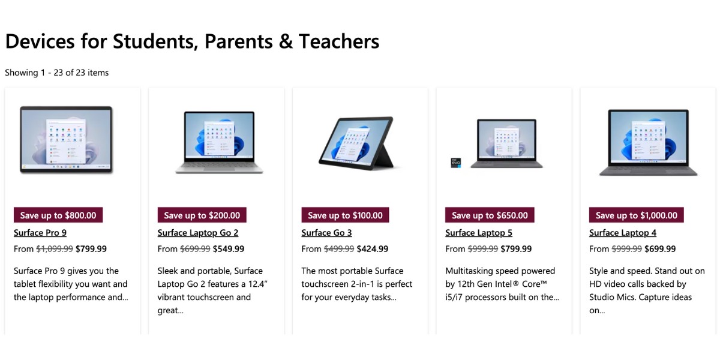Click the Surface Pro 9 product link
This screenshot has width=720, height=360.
pos(40,233)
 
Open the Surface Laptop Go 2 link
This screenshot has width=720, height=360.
pos(198,233)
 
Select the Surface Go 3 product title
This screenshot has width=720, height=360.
pos(326,233)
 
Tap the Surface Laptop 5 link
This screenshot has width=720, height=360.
pos(479,233)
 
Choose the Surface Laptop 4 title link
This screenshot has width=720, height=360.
pos(623,233)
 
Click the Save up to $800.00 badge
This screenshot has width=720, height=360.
pos(58,215)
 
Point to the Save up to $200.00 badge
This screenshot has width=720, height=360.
pos(202,215)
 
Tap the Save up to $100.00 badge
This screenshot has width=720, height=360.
pos(345,215)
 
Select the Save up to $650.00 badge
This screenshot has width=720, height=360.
pos(490,215)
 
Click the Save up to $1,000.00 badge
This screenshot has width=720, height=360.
pos(636,215)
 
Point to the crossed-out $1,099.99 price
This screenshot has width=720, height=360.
pos(55,249)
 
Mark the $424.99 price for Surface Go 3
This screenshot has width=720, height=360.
pos(372,249)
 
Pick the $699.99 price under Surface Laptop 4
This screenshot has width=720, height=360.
pos(660,249)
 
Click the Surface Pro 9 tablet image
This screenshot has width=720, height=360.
pos(66,140)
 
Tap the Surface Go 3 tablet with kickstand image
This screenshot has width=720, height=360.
pos(356,143)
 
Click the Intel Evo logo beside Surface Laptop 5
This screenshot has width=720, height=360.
pos(455,162)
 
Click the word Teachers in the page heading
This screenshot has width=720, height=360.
pos(339,41)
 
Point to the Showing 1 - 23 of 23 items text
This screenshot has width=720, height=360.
pos(57,73)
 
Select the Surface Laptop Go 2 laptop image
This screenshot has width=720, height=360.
pos(215,143)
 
